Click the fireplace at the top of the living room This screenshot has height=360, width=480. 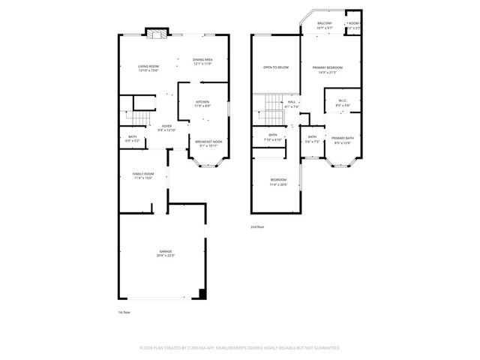click(x=157, y=34)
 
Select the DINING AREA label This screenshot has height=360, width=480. click(x=202, y=60)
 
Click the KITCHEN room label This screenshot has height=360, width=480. click(x=202, y=102)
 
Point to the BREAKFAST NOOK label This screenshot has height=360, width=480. click(x=208, y=141)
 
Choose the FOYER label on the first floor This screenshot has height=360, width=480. click(x=166, y=127)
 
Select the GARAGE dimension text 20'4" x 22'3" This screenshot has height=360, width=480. click(x=165, y=256)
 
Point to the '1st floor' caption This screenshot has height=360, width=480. click(x=124, y=311)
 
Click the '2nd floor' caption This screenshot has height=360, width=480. click(x=257, y=226)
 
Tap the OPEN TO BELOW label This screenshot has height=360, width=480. click(x=276, y=67)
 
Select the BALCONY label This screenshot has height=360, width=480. click(x=324, y=23)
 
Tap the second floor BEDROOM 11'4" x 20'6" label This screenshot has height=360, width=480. click(x=277, y=180)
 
